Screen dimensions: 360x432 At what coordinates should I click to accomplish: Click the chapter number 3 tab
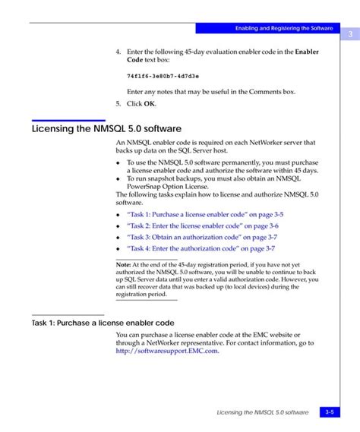351,34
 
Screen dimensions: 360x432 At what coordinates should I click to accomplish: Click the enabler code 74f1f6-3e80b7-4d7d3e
163,76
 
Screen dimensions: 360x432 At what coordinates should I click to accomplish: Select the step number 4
118,52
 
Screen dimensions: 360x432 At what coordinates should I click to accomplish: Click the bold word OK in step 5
150,103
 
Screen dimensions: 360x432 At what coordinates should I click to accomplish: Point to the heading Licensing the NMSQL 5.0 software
106,128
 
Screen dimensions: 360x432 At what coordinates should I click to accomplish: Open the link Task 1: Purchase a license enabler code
200,216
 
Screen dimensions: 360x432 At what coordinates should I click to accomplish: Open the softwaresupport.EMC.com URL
167,351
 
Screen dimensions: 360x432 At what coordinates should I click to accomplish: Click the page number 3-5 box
330,412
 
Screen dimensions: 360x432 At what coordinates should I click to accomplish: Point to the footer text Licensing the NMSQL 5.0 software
263,412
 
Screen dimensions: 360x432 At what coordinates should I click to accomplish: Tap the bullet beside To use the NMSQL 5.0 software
118,163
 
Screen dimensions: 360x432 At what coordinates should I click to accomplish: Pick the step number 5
118,103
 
